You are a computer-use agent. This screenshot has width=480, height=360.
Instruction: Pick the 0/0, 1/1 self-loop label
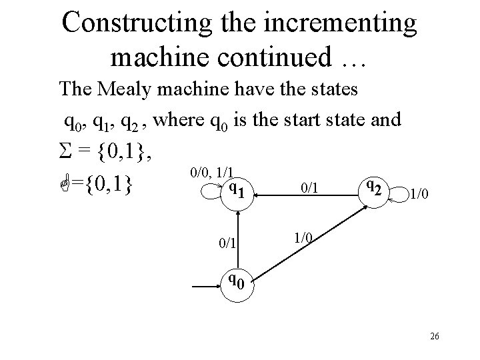click(215, 173)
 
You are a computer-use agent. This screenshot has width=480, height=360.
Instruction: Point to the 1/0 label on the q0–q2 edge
click(303, 237)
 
